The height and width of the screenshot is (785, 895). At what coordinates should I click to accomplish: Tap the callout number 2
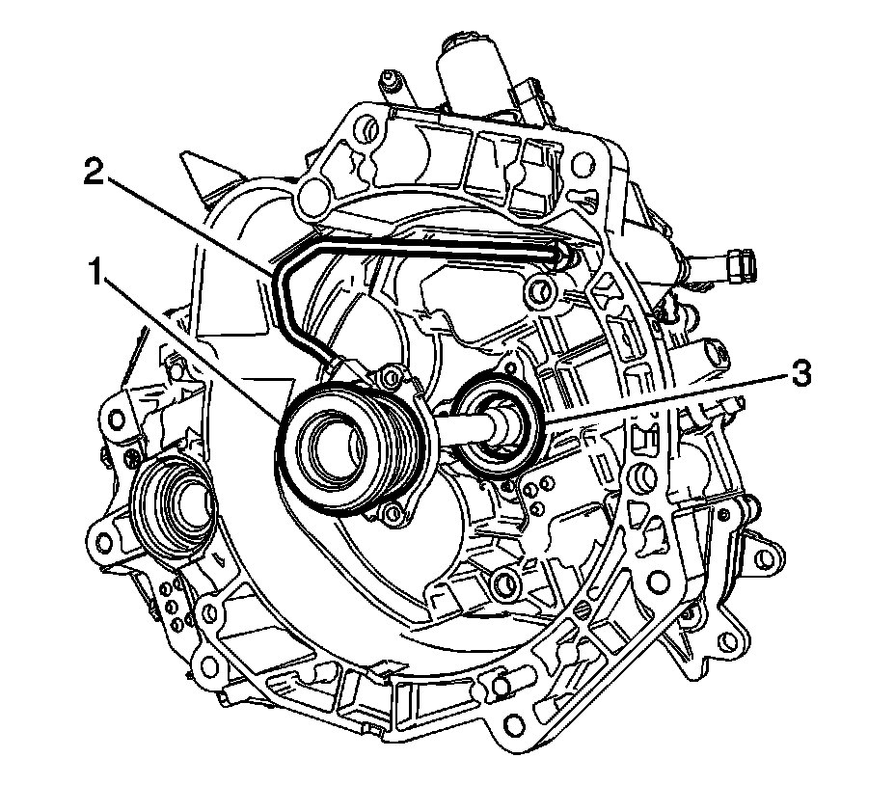(x=95, y=172)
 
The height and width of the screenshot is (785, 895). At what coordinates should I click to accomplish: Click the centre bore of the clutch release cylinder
(x=336, y=447)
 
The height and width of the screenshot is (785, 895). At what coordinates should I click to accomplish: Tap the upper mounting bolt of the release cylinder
(x=391, y=376)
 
